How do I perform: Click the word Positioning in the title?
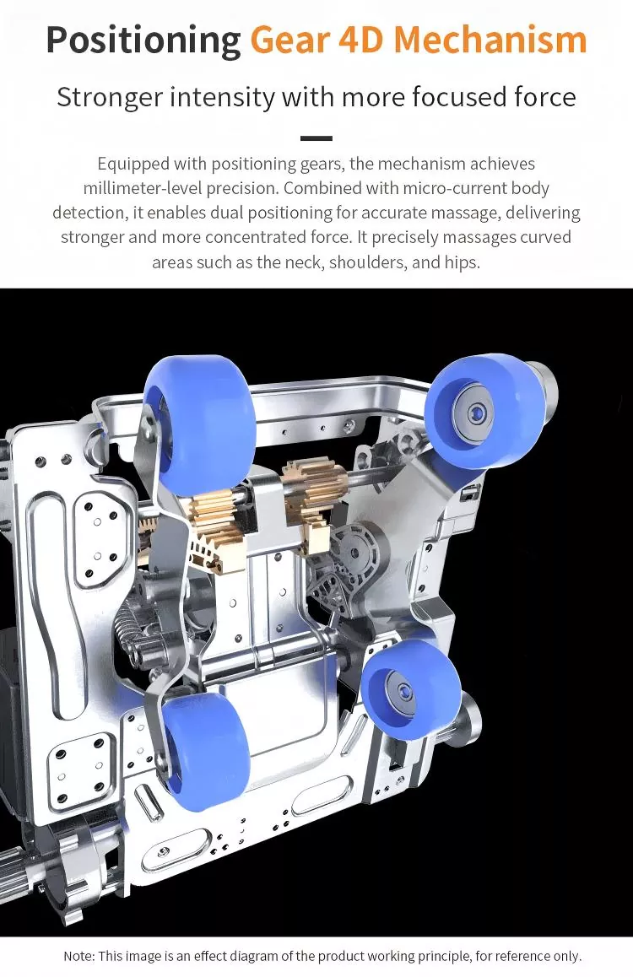143,40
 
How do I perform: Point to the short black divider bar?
316,138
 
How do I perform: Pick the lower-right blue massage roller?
410,688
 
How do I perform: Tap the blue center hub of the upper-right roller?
477,411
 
